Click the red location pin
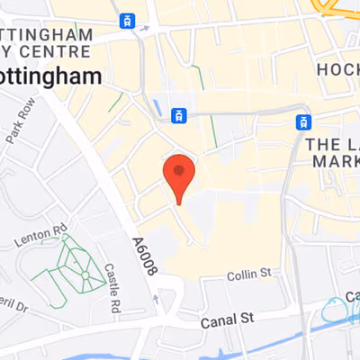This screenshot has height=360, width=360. coord(179,174)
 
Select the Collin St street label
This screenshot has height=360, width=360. coord(247,273)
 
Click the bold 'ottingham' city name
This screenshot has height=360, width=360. coord(49,77)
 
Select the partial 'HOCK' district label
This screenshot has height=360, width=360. coord(337,68)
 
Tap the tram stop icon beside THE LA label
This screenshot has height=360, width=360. coord(304,121)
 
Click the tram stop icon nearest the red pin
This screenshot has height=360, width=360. coord(179,114)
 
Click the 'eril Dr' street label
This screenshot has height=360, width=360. coord(18,306)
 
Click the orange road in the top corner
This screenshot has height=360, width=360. coord(337,8)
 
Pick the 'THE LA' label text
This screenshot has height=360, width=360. coord(331,143)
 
